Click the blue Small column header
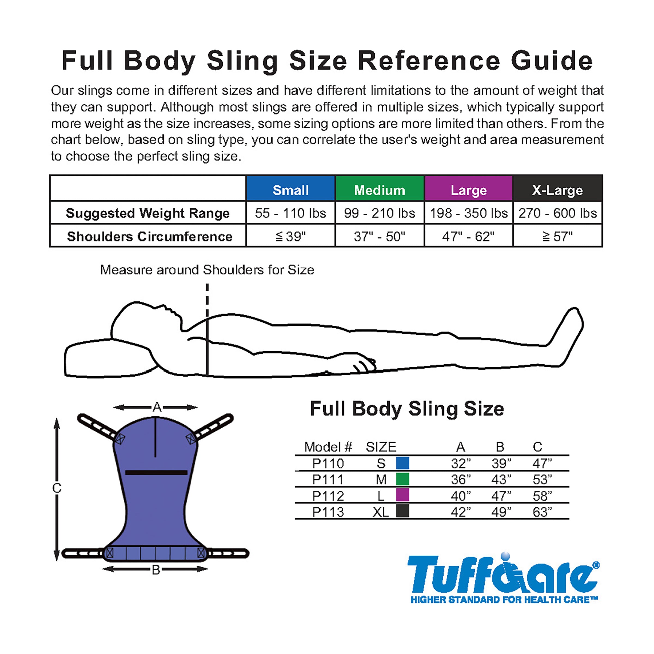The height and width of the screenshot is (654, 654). coord(290,189)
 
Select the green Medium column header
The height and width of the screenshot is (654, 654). coord(380,189)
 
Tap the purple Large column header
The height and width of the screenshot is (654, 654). coord(468,189)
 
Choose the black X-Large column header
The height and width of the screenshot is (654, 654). coord(558,189)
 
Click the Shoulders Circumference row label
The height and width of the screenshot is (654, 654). coord(150,237)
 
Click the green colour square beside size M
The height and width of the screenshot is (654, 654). coord(402,479)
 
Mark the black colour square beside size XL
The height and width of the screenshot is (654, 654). coord(402,511)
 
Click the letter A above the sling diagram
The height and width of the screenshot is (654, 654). coord(157,407)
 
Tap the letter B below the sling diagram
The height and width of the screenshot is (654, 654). coord(156,570)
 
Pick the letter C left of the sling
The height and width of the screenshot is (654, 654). coord(57,488)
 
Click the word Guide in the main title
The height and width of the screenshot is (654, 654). coord(552,61)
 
